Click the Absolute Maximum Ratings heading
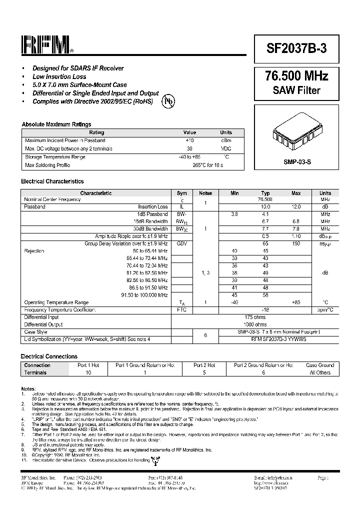56,124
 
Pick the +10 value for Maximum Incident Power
189,140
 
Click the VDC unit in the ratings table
226,148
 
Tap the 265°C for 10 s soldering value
207,165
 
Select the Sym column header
182,193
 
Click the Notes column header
205,193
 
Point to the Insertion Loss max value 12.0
296,206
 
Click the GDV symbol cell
182,243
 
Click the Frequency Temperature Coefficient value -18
265,310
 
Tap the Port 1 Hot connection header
88,365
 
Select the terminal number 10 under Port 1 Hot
88,372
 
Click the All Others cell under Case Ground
320,372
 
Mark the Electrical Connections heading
49,356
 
